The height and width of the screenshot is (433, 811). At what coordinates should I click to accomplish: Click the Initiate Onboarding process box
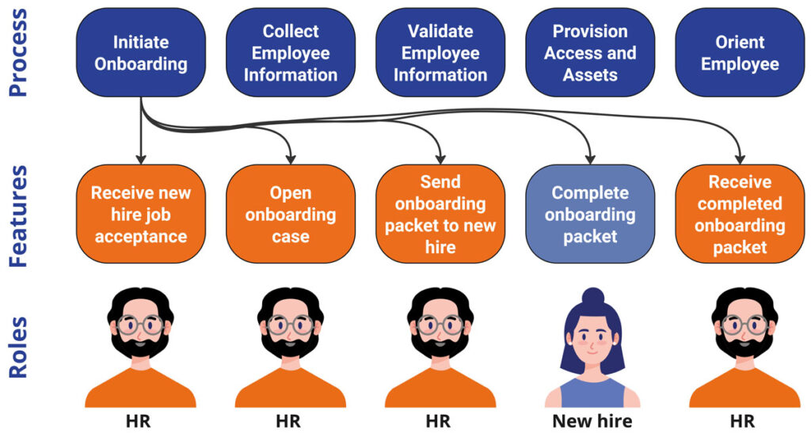pos(141,53)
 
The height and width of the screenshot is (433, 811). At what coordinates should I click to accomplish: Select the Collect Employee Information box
pos(291,53)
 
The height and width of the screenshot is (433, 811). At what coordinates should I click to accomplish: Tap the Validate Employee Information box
pos(440,53)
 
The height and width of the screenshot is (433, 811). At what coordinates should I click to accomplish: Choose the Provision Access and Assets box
pos(590,53)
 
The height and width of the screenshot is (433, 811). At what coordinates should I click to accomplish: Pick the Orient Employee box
pos(740,53)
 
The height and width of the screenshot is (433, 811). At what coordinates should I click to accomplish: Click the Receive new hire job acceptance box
pos(141,215)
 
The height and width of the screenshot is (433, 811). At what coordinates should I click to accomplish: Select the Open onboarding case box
pos(291,215)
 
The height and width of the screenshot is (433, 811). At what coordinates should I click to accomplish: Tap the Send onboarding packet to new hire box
pos(440,215)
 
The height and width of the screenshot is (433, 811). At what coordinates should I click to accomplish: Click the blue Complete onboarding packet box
pos(590,215)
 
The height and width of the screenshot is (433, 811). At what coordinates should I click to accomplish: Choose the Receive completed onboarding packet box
pos(740,215)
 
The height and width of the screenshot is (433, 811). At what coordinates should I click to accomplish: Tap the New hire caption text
pos(591,420)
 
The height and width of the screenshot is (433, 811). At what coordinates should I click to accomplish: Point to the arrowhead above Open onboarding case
pos(291,156)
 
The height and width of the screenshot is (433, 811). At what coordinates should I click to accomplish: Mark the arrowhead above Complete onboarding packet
pos(590,156)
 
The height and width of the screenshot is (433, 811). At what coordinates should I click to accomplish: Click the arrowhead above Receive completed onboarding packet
pos(740,156)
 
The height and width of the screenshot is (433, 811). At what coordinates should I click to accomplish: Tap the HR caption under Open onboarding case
pos(291,420)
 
